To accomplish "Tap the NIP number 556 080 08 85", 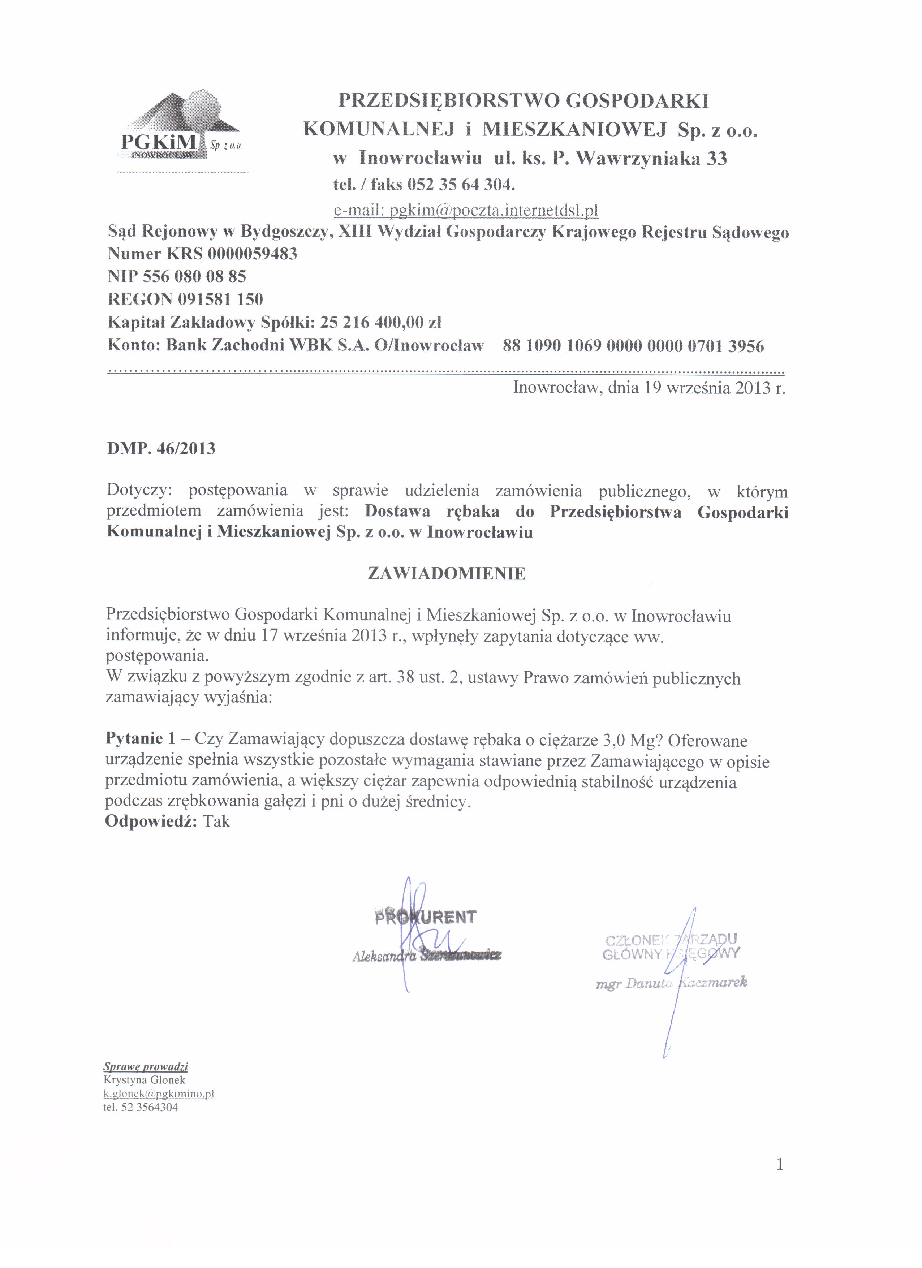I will point(194,276).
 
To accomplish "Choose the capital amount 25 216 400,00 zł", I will point(381,323).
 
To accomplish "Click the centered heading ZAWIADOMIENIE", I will point(447,574).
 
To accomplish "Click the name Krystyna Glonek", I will point(144,1080).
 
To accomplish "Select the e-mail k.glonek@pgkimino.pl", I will point(159,1094).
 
